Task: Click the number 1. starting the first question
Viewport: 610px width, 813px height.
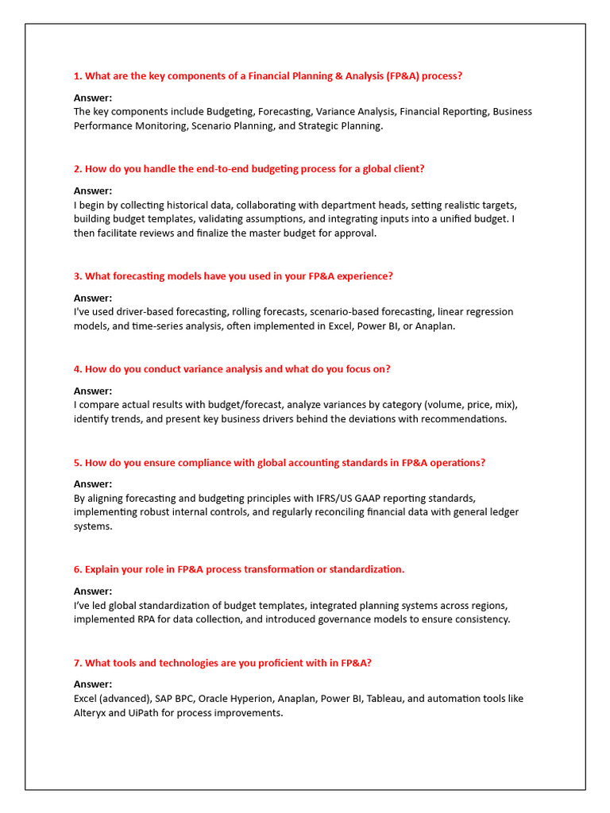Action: pos(78,76)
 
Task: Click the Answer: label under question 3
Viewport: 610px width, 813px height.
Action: pos(93,298)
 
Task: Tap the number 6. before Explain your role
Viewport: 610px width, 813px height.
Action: pos(78,569)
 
